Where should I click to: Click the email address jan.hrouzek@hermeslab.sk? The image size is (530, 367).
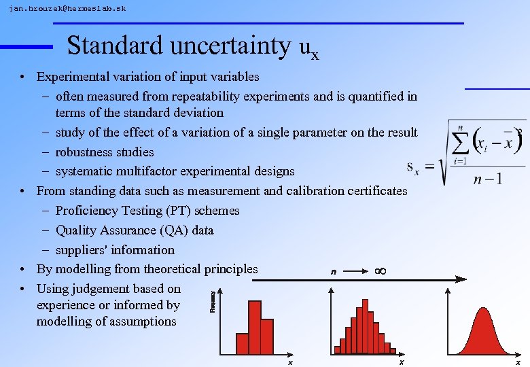tap(67, 9)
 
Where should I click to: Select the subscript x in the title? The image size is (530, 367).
tap(315, 54)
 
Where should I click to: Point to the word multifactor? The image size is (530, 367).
tap(146, 171)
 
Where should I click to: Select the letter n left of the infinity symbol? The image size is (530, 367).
tap(333, 272)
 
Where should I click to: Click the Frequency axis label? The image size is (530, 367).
tap(213, 301)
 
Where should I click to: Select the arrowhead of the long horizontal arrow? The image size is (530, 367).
tap(461, 279)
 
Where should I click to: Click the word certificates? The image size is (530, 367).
tap(373, 190)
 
